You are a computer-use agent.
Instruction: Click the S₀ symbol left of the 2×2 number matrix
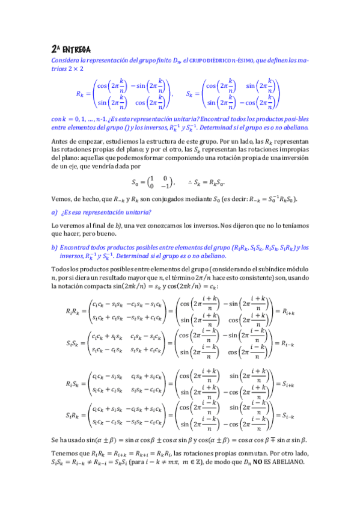tap(136, 182)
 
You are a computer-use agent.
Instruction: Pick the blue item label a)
tap(55, 212)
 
